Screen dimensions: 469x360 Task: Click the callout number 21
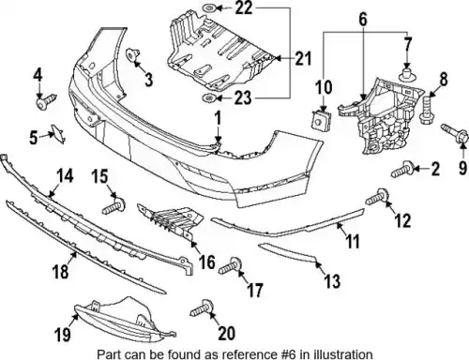[303, 58]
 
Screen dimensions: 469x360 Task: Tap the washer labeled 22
[209, 7]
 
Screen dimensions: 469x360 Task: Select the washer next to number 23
[208, 98]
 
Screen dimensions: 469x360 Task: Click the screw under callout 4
[45, 101]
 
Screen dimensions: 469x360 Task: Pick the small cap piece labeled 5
[58, 133]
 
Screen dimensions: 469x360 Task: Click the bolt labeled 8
[426, 111]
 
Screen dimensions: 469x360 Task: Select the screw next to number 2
[403, 169]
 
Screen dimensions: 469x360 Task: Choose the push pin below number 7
[406, 73]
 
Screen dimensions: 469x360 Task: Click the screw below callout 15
[114, 205]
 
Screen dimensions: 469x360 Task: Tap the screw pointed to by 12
[377, 197]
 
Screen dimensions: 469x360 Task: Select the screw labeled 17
[231, 265]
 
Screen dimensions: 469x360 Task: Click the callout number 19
[63, 335]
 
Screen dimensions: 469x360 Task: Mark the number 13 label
[332, 280]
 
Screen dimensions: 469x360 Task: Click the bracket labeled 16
[171, 220]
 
